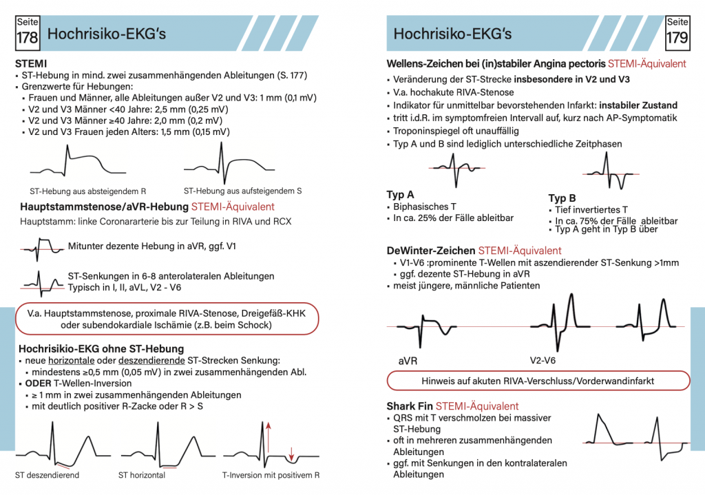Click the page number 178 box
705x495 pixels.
pos(27,32)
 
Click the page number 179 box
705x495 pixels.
pos(677,32)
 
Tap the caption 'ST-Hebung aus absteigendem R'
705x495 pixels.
pos(87,191)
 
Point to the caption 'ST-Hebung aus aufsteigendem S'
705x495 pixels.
pos(242,191)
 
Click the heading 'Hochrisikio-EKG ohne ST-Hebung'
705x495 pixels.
pos(101,348)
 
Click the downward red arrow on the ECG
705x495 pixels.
pos(291,453)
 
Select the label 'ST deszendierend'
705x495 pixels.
pos(47,475)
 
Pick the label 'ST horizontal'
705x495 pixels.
pos(142,475)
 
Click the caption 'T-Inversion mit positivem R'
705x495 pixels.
pos(271,475)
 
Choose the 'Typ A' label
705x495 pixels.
pos(401,195)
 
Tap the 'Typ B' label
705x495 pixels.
pos(562,198)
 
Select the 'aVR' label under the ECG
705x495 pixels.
pos(409,359)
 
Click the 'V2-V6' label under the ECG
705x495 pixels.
pos(544,359)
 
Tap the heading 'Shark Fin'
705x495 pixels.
pos(410,406)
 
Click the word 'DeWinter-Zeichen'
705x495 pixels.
pos(430,251)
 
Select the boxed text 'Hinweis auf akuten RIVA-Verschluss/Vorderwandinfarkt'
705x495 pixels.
pos(538,381)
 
